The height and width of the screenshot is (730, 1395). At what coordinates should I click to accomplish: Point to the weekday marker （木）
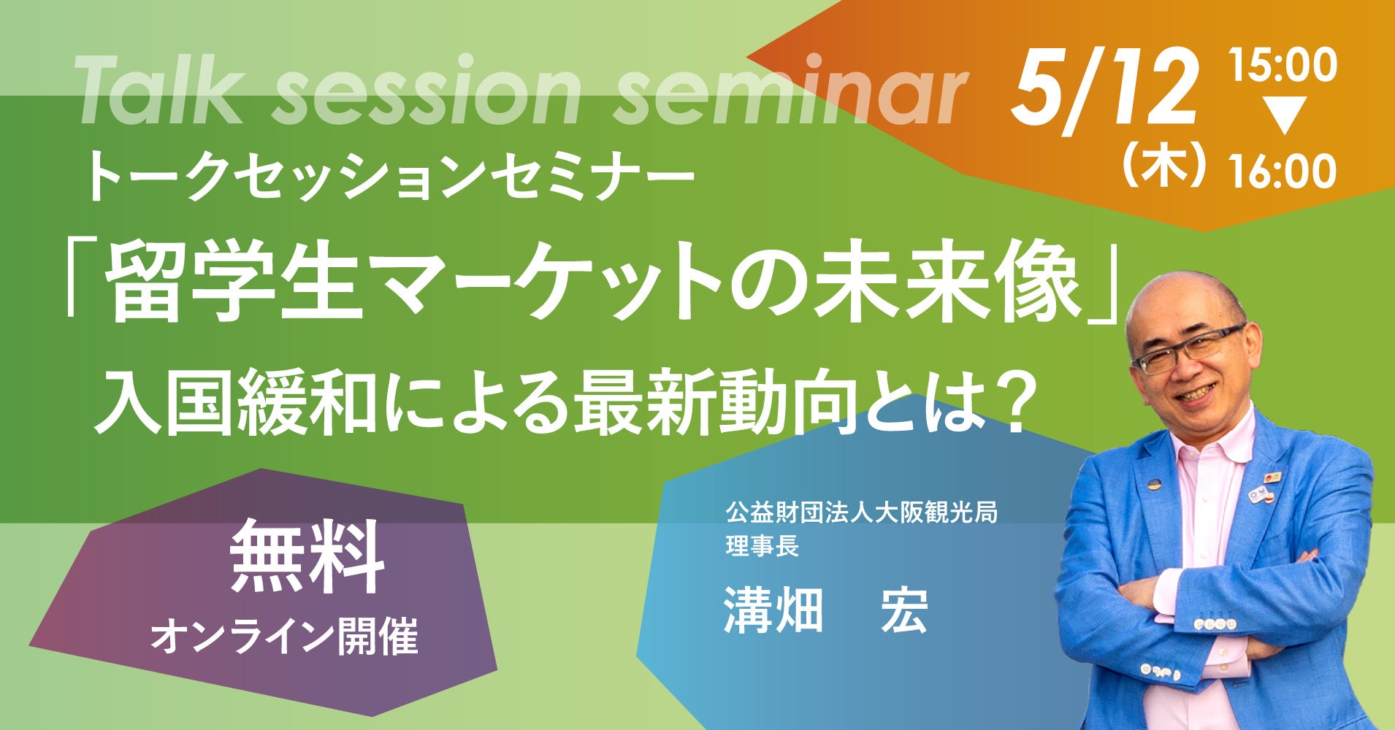[x=1161, y=170]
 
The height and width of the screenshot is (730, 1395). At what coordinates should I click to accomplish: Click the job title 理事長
[x=762, y=546]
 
